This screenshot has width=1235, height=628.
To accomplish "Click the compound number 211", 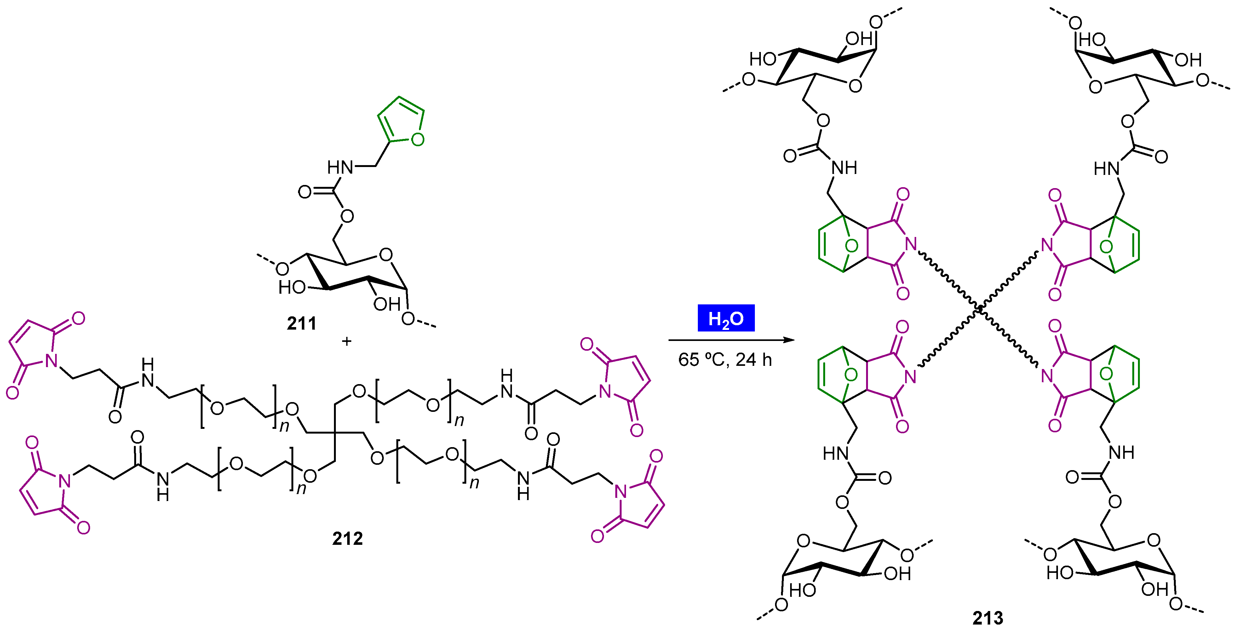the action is click(x=302, y=324).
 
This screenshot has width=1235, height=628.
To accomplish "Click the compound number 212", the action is click(x=348, y=539).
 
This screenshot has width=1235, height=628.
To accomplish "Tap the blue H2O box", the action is click(x=726, y=318).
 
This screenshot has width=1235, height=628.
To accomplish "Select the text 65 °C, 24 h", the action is click(x=725, y=360).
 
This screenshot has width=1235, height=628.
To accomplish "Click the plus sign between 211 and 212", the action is click(x=347, y=341).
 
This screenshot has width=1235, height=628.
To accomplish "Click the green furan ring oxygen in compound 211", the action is click(x=417, y=140).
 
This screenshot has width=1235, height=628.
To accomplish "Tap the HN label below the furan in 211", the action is click(x=340, y=167).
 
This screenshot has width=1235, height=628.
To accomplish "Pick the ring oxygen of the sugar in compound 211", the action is click(x=385, y=255).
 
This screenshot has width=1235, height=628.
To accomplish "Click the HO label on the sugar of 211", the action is click(x=292, y=288).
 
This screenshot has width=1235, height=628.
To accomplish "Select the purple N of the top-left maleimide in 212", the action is click(x=51, y=360).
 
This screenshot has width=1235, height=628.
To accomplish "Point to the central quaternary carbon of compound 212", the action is click(x=335, y=433).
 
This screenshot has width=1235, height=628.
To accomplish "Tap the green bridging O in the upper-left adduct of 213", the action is click(x=852, y=246).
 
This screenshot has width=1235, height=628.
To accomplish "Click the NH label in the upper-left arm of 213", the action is click(x=844, y=168).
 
